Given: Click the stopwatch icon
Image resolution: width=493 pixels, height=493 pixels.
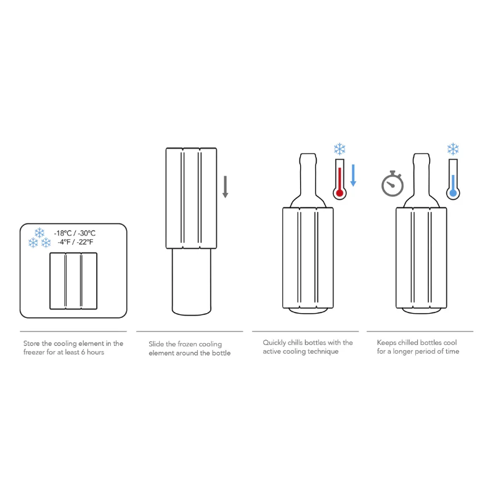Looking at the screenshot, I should pos(392,184).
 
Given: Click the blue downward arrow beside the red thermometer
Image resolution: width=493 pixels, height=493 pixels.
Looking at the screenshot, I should pos(353,174).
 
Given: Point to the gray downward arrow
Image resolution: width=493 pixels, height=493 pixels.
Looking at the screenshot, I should pos(226,186).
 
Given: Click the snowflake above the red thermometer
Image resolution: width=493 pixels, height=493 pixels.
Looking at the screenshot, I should pos(339,149).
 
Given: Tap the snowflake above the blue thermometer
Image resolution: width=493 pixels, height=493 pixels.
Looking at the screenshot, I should pos(453,149).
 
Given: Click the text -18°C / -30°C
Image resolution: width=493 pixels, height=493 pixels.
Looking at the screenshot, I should pos(75,233).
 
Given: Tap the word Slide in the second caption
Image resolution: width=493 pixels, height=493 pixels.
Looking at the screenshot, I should pos(158,343).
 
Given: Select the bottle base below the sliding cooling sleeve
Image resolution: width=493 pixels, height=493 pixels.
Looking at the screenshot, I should pos(190,280).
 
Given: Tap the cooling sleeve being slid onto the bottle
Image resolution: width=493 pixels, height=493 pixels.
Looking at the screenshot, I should pos(191,197).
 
